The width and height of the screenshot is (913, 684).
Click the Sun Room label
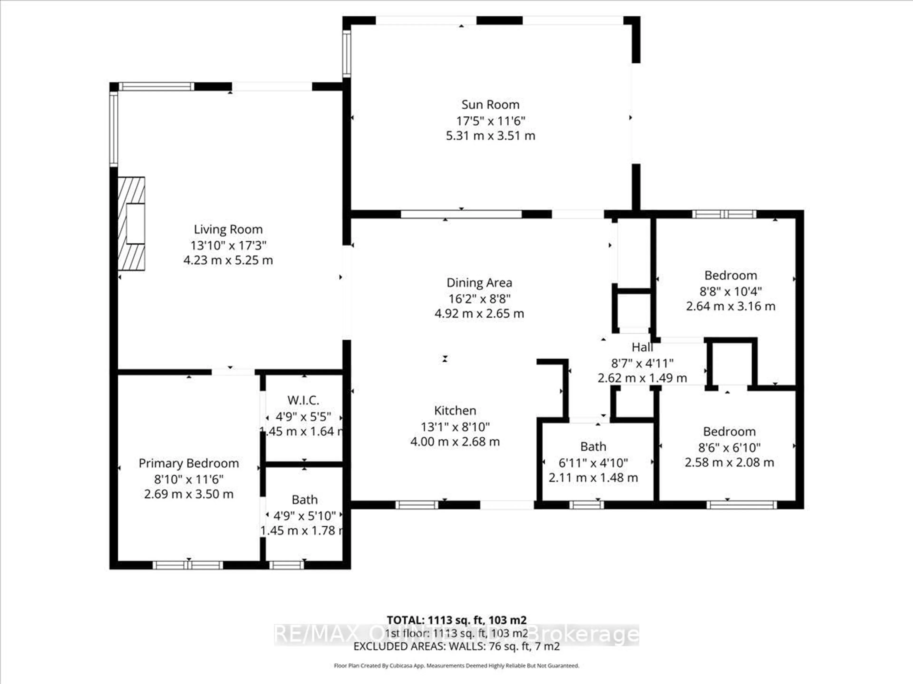click(x=490, y=105)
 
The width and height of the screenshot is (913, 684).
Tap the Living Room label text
click(x=228, y=229)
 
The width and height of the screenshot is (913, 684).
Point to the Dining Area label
click(x=479, y=283)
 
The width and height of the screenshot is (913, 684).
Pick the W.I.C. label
click(x=303, y=400)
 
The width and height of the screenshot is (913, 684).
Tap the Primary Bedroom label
click(x=189, y=463)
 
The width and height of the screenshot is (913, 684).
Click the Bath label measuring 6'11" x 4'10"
click(x=593, y=446)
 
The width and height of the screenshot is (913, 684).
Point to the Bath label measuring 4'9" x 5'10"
click(x=305, y=500)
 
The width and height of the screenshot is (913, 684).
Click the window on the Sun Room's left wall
click(x=347, y=54)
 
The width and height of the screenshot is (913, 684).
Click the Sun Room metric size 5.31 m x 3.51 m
click(x=490, y=136)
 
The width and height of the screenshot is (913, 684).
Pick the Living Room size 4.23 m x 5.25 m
click(x=228, y=260)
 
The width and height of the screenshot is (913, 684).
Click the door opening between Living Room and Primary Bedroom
click(x=233, y=372)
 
